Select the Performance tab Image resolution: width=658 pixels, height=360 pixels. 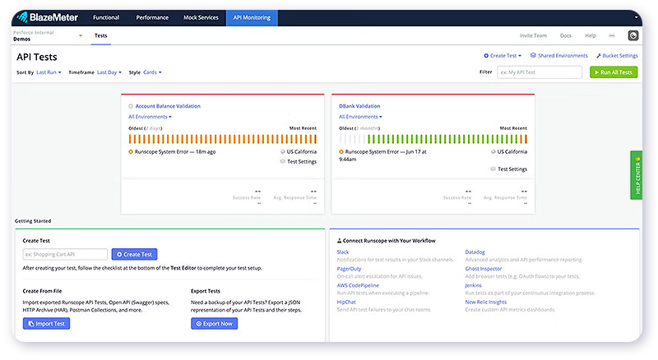coord(152,17)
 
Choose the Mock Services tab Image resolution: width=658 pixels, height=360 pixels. coord(201,17)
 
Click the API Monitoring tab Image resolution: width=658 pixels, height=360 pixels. coord(253,17)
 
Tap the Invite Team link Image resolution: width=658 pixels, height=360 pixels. coord(533,36)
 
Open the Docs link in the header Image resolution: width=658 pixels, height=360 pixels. coord(566,36)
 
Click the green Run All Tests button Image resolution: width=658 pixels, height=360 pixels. coord(614,72)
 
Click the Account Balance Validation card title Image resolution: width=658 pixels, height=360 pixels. coord(168,106)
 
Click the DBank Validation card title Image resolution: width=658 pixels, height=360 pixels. coord(359,106)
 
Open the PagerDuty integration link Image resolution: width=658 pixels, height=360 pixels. coord(349,269)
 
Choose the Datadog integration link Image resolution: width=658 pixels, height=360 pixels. coord(475,252)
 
